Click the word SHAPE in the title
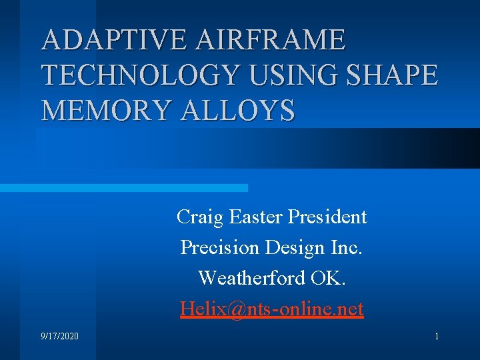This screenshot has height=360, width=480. [397, 75]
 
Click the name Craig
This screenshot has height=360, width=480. [200, 217]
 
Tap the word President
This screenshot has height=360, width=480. [327, 217]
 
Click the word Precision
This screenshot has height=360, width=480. [219, 247]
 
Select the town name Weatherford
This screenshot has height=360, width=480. [252, 277]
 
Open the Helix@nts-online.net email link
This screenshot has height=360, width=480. [271, 309]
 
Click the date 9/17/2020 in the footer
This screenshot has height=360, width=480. [59, 337]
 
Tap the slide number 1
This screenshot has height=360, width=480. [437, 337]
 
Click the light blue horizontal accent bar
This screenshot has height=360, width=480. [123, 188]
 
